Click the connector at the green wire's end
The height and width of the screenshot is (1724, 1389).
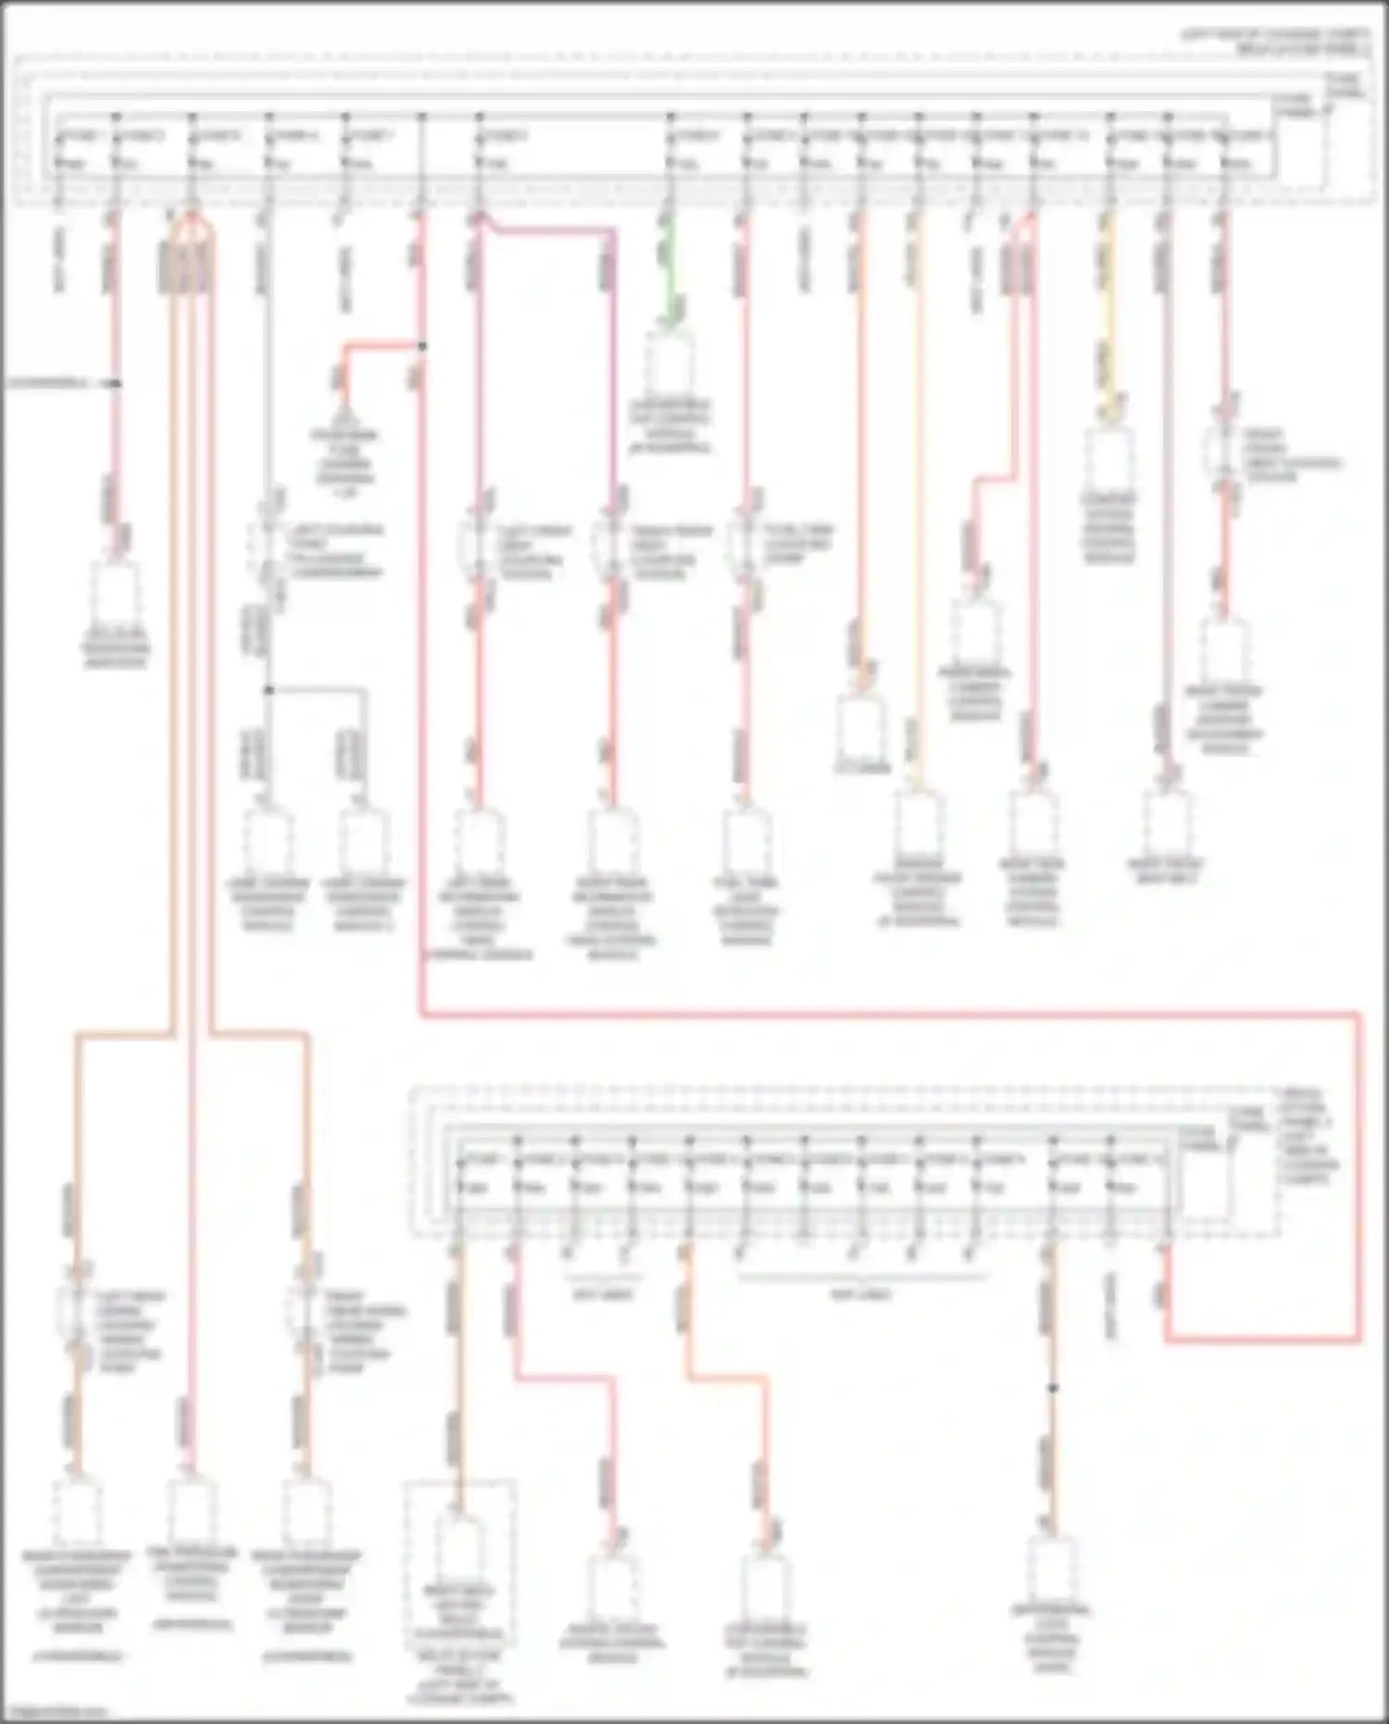(x=671, y=361)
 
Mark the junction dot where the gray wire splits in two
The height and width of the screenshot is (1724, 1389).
(x=269, y=690)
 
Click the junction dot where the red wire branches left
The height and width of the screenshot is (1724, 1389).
(x=421, y=346)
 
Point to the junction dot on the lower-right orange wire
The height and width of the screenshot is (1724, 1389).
(x=1052, y=1389)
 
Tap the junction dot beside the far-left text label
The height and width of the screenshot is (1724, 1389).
(x=117, y=383)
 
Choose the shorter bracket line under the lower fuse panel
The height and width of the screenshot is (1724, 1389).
(x=602, y=1277)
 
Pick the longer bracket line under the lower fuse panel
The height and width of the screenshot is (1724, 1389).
(x=861, y=1277)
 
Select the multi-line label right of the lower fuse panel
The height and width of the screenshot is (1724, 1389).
(x=1306, y=1135)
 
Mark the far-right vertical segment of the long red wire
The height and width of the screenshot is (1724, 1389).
(x=1360, y=1177)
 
